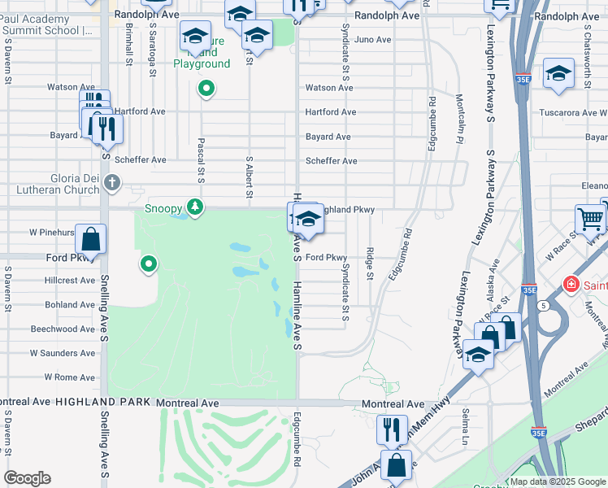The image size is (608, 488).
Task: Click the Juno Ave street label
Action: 373,39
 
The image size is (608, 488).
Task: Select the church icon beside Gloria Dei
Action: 112,184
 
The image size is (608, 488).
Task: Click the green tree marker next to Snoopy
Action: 194,208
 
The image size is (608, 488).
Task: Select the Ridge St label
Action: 370,264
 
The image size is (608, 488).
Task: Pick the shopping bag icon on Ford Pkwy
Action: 91,240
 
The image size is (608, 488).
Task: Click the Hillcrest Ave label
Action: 71,280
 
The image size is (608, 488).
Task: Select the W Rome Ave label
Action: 70,377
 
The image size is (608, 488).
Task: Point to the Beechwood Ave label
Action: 64,329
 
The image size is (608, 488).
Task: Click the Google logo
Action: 27,478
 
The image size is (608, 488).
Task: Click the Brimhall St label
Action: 128,44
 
